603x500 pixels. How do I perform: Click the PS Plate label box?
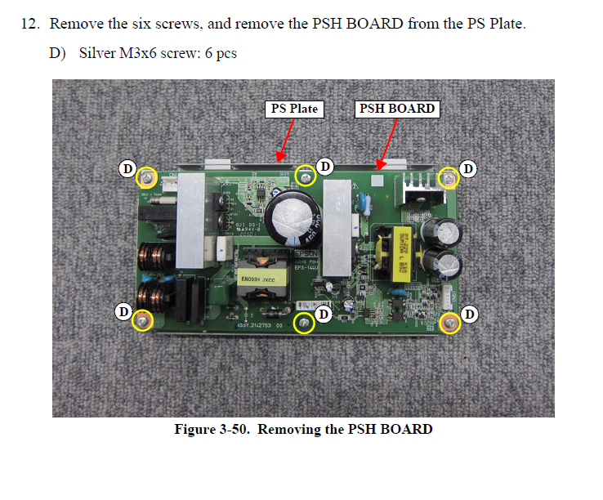point(293,109)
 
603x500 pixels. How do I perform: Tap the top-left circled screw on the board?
point(147,177)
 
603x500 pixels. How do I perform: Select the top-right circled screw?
point(448,177)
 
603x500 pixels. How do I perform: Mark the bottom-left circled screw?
point(142,321)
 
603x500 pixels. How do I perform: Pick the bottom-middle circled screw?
point(304,324)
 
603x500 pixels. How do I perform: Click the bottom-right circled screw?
point(449,324)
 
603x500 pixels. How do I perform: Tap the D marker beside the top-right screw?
point(469,168)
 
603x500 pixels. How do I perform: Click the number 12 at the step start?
point(29,24)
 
